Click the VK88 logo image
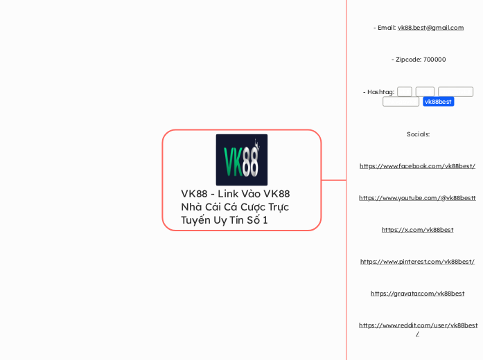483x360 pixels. click(x=241, y=159)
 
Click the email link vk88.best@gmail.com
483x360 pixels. click(x=430, y=28)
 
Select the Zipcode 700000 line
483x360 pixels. click(x=418, y=60)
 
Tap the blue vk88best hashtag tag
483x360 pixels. click(x=438, y=102)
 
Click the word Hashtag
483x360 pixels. click(x=380, y=92)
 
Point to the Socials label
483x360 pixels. click(x=418, y=134)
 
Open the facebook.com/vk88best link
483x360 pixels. click(x=417, y=166)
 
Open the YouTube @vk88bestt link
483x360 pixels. click(x=417, y=198)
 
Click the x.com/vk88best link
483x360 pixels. click(x=417, y=230)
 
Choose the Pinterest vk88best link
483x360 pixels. click(x=417, y=262)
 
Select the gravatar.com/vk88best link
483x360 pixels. click(x=417, y=294)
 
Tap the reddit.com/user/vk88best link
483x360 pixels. click(x=418, y=325)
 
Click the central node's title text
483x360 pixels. click(x=235, y=207)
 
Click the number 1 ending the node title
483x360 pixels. click(x=265, y=220)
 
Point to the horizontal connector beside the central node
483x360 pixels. click(x=334, y=180)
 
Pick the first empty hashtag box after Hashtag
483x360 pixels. click(x=405, y=92)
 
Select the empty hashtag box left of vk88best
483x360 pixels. click(x=401, y=102)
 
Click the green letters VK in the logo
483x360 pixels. click(x=232, y=163)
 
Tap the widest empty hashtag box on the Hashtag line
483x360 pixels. click(x=455, y=92)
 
